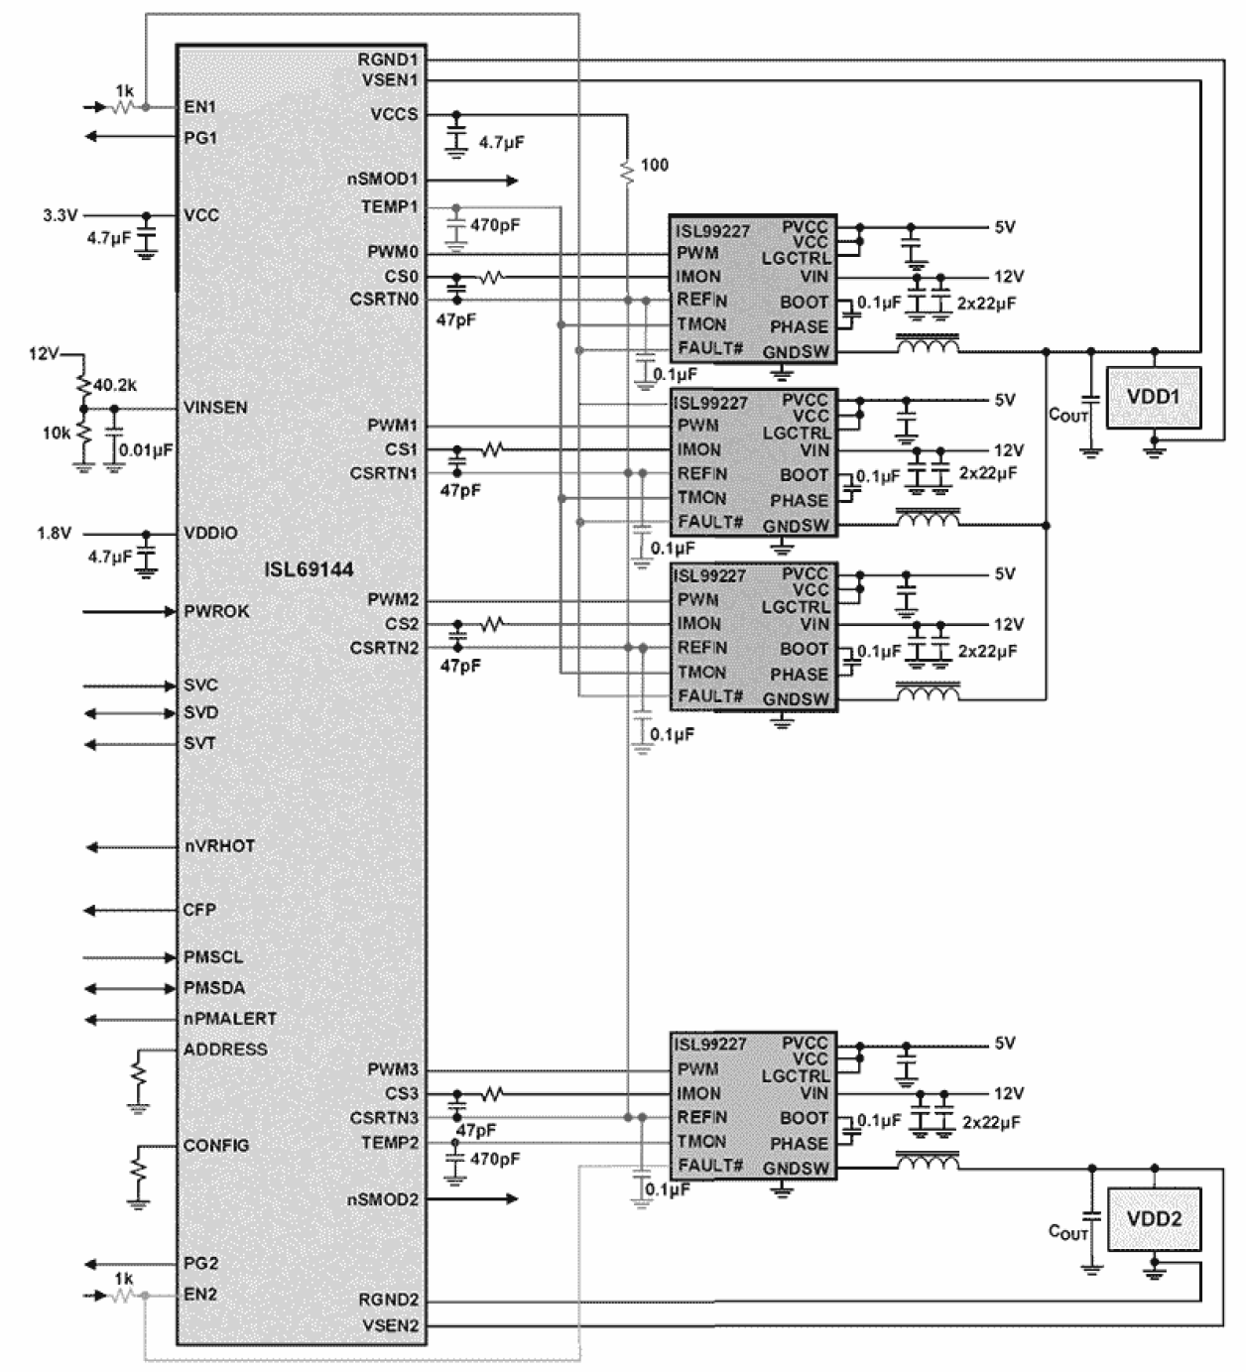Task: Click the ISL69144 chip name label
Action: coord(309,569)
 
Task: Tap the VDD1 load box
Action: coord(1153,397)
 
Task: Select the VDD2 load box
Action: coord(1153,1218)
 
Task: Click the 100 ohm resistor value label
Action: coord(655,165)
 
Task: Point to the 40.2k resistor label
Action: coord(115,384)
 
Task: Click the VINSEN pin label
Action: coord(215,408)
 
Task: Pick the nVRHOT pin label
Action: coord(219,846)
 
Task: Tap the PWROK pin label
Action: coord(216,611)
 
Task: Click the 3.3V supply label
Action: coord(60,214)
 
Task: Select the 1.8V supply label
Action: coord(55,533)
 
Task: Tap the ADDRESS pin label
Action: coord(225,1049)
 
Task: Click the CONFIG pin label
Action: coord(216,1145)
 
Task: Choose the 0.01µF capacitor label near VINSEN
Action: coord(146,449)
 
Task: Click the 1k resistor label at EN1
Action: coord(124,90)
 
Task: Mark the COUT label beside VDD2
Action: coord(1067,1232)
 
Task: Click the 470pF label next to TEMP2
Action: coord(495,1159)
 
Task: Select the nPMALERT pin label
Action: coord(229,1018)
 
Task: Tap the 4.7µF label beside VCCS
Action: coord(501,143)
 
